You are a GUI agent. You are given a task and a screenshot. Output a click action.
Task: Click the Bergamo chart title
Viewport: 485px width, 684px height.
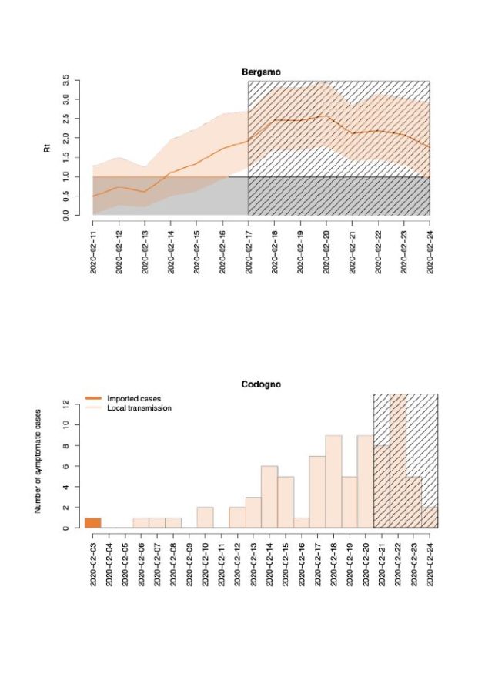point(262,72)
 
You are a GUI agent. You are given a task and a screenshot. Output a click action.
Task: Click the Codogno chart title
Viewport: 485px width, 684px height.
point(262,384)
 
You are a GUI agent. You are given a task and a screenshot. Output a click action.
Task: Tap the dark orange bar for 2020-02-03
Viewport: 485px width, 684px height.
point(92,522)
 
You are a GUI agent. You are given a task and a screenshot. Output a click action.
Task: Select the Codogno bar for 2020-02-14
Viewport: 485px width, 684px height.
point(269,497)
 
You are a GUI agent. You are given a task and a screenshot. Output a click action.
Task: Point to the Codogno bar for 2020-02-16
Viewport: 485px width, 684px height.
point(301,523)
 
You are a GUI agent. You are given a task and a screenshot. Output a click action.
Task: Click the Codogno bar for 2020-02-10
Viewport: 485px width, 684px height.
point(205,518)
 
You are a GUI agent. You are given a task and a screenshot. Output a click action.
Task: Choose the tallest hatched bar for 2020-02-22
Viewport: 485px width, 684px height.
point(398,462)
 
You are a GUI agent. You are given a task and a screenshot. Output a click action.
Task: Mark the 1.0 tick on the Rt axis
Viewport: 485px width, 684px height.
point(67,176)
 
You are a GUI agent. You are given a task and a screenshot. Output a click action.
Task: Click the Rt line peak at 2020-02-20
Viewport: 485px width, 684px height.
point(326,116)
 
